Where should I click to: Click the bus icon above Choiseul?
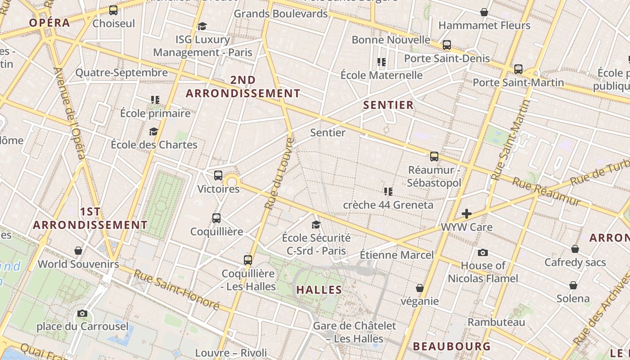coord(113,10)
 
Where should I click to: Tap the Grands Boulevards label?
coord(280,13)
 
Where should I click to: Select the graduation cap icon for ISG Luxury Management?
coord(202,26)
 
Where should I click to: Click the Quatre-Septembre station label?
coord(121,72)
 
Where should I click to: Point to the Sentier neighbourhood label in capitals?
coord(388,105)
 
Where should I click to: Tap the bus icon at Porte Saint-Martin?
coord(518,69)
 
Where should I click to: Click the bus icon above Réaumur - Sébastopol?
coord(434,157)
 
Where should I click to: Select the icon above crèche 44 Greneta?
coord(388,192)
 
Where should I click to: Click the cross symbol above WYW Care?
coord(467,213)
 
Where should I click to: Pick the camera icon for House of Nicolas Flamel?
coord(483,252)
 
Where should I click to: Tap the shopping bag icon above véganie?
coord(420,288)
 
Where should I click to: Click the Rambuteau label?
coord(496,322)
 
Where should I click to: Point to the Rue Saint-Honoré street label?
coord(176,290)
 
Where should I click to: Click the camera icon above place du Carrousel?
coord(82,313)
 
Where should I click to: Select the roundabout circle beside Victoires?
coord(232,182)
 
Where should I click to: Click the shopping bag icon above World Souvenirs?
coord(78,251)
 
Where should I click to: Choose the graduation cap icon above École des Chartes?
coord(154,131)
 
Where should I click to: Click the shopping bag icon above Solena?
coord(573,285)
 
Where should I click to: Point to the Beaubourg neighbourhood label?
coord(452,346)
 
